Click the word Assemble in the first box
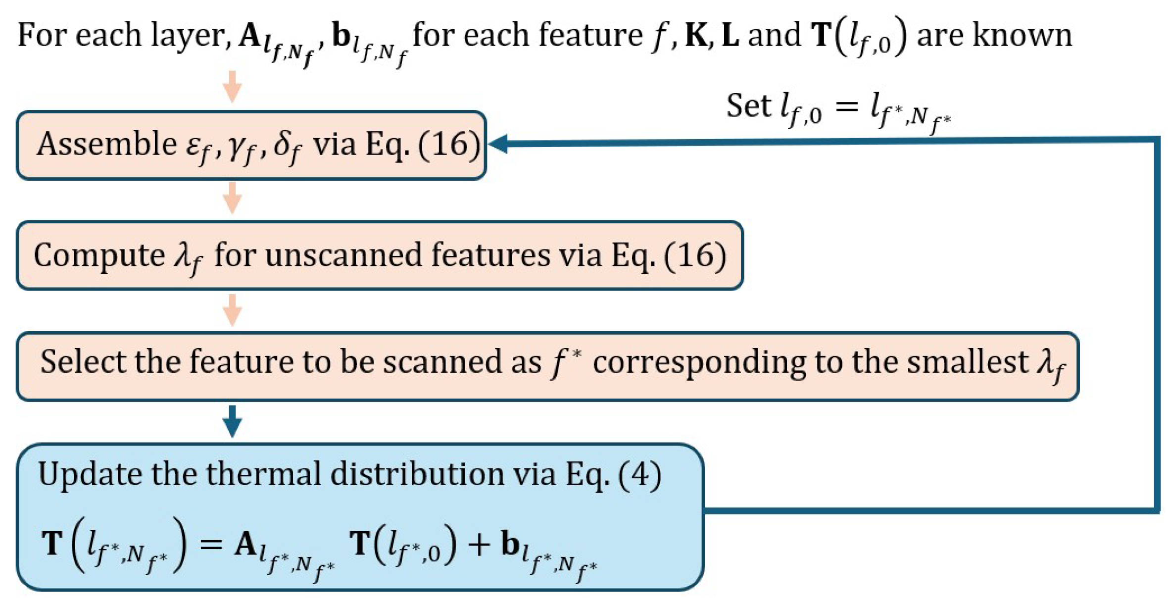106,145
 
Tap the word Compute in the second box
98,255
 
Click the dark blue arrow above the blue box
232,421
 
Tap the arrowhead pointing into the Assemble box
499,144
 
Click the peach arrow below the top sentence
232,87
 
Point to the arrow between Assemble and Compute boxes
232,198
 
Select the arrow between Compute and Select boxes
232,310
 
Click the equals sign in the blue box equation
210,544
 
